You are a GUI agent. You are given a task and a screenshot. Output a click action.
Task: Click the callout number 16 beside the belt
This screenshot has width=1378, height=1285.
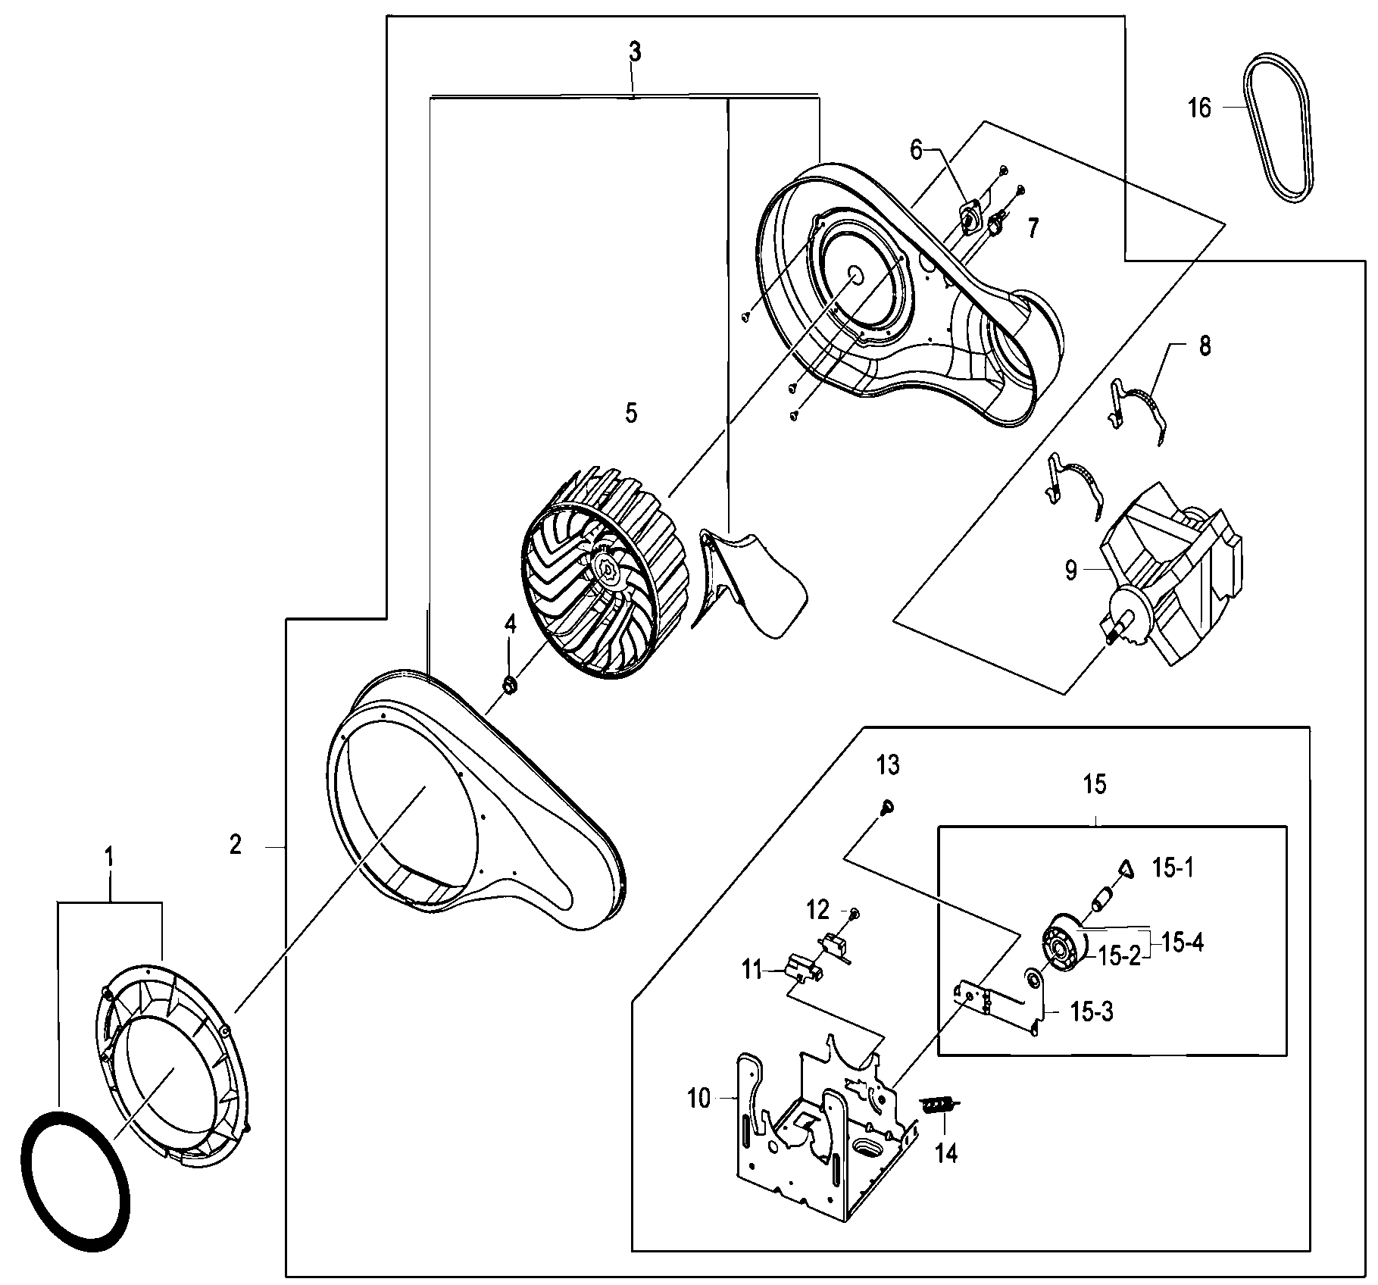[1199, 108]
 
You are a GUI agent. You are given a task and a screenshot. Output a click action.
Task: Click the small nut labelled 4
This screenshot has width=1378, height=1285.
[510, 686]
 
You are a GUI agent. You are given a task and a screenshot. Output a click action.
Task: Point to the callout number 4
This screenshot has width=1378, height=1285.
[510, 624]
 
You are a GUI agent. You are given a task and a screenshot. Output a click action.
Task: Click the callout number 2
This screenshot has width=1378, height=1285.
[236, 844]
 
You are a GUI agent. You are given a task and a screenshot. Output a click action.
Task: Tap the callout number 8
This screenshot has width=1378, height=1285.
[1205, 346]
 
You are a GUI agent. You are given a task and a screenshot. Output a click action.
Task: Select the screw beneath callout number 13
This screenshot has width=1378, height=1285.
[886, 808]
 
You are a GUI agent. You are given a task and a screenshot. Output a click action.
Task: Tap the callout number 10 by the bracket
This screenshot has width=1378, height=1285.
[698, 1099]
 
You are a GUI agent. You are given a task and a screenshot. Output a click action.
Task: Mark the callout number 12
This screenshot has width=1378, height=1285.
[818, 908]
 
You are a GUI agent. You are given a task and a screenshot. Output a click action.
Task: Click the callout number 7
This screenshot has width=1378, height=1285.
[1033, 228]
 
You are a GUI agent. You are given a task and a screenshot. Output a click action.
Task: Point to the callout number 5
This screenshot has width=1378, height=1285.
[631, 413]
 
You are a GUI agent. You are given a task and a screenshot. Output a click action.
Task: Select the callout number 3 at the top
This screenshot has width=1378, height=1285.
[634, 52]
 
